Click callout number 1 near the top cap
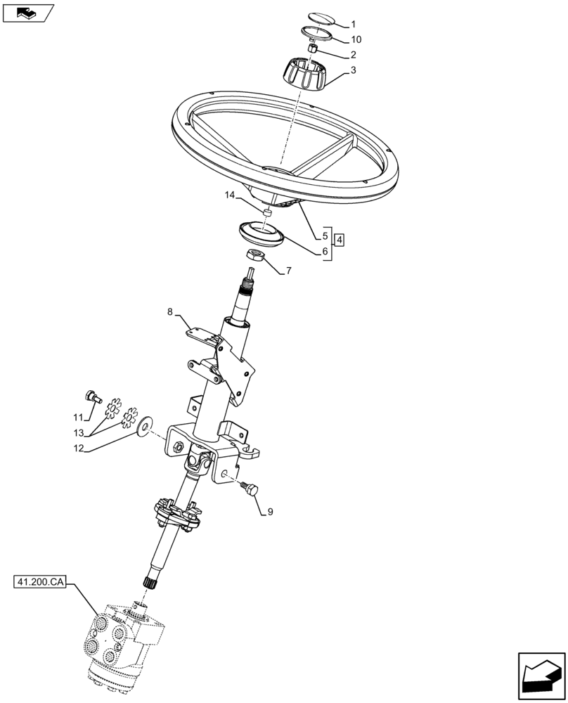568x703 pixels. (354, 23)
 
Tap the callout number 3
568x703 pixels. (353, 70)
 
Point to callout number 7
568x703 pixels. (288, 270)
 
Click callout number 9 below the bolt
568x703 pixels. (269, 512)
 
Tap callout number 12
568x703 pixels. (79, 448)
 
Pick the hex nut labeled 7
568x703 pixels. (254, 257)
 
